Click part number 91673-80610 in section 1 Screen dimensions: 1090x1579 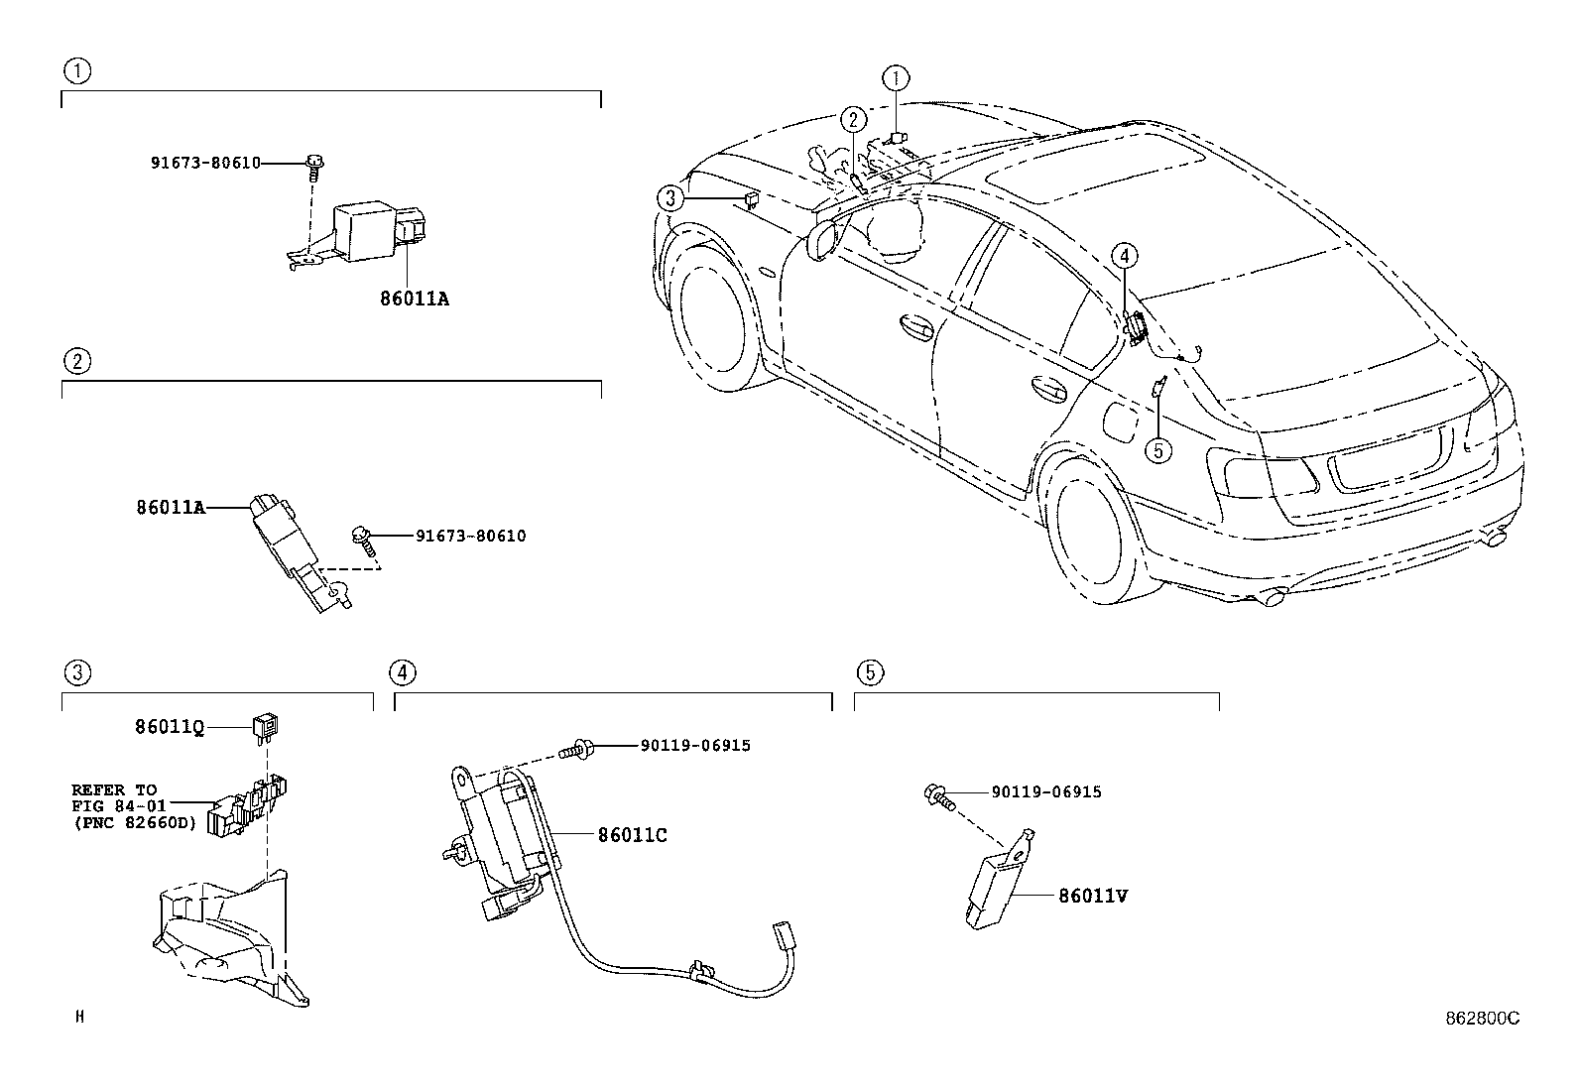point(205,163)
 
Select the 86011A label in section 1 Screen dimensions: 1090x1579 point(414,298)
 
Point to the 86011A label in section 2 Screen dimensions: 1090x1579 point(171,508)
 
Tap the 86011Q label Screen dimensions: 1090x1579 point(170,727)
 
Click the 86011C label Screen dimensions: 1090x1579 point(632,835)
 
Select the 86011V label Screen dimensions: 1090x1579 point(1093,896)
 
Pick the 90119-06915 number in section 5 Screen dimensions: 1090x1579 point(1045,791)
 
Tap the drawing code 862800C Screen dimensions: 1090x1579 point(1481,1018)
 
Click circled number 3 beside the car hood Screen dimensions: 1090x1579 point(671,199)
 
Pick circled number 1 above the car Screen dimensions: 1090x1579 point(896,77)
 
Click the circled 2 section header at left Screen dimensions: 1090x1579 point(76,361)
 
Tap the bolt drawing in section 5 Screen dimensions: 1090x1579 point(936,793)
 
